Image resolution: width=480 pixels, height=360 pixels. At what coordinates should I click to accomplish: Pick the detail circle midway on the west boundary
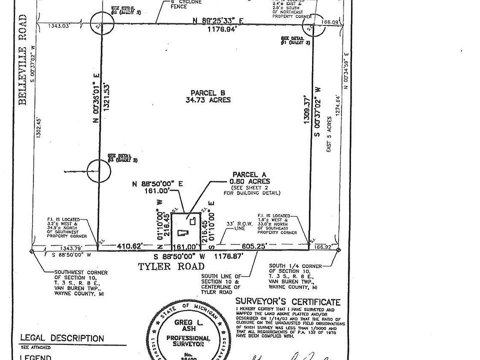[98, 171]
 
